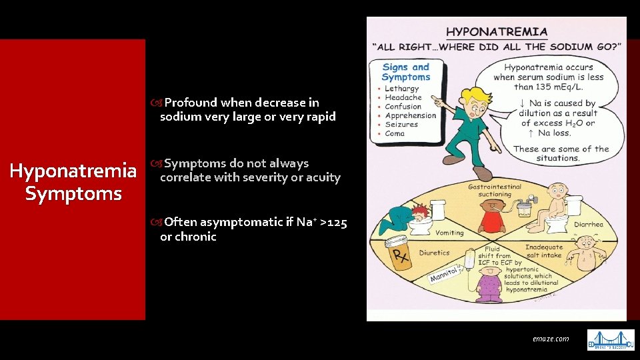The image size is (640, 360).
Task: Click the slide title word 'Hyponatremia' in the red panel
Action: (73, 172)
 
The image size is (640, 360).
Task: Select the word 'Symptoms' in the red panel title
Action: (73, 194)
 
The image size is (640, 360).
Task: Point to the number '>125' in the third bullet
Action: (333, 222)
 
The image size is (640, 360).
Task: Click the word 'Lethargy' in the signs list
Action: (401, 89)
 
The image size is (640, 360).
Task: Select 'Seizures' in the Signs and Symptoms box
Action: (401, 125)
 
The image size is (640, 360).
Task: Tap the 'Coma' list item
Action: (395, 133)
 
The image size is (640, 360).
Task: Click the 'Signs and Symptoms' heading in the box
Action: (406, 72)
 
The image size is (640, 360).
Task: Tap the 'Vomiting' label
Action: (449, 233)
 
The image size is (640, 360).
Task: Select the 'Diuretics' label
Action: (434, 253)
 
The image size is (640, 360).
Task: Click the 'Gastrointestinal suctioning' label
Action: (494, 191)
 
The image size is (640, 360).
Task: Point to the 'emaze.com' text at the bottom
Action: (551, 339)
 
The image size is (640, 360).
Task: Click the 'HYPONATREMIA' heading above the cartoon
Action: (497, 31)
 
